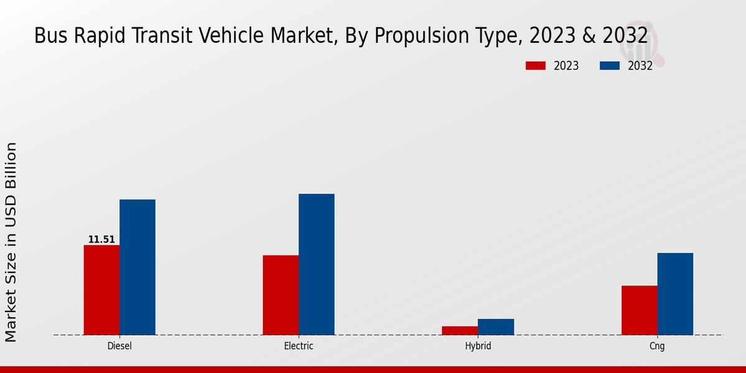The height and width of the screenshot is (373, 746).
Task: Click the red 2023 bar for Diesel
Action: click(x=101, y=290)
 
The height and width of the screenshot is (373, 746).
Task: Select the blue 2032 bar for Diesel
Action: click(x=137, y=267)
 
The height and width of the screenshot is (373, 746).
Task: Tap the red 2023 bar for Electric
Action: click(x=280, y=295)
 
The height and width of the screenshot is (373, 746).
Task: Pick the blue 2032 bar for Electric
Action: click(x=316, y=264)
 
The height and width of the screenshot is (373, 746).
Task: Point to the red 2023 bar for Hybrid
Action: click(x=459, y=330)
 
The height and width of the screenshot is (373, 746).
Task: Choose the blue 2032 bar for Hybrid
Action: click(x=495, y=327)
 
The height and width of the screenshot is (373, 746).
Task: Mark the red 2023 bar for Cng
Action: click(x=639, y=310)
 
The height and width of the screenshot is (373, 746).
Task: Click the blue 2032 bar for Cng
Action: click(x=675, y=293)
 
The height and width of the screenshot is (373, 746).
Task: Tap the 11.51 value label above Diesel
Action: click(x=101, y=239)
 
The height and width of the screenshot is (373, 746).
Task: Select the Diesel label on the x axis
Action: click(x=119, y=346)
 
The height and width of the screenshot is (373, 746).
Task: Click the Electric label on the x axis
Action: click(x=298, y=346)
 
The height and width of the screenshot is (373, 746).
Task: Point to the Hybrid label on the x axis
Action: click(x=477, y=346)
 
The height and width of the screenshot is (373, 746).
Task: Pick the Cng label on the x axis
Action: click(x=657, y=346)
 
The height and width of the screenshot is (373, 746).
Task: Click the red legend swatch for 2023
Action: click(x=536, y=66)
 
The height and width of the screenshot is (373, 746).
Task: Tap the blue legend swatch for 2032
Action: click(x=610, y=66)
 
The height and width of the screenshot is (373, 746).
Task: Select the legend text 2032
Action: click(x=640, y=66)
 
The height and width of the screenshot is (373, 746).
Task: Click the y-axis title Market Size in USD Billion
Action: click(x=12, y=242)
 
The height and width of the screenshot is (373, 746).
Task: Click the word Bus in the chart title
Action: click(x=48, y=35)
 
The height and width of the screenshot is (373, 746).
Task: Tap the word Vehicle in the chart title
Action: click(x=239, y=35)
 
